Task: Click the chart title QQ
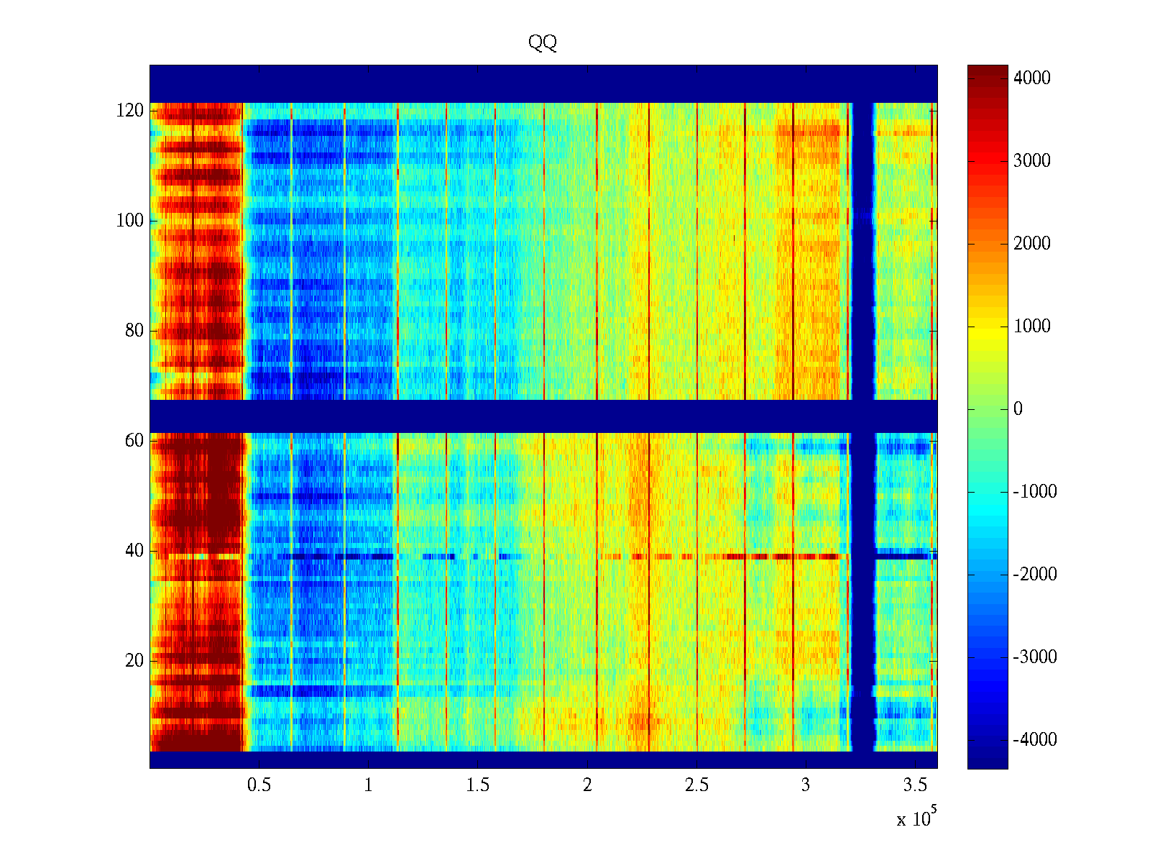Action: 543,43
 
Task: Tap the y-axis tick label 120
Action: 130,111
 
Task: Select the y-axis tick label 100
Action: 130,221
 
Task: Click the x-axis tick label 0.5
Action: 259,785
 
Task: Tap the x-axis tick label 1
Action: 369,785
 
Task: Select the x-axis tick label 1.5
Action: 478,785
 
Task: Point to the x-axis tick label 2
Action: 587,785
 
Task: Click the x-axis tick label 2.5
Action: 696,785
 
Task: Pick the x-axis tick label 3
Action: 806,785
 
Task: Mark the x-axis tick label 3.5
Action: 915,785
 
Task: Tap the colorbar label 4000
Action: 1032,78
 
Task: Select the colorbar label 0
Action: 1018,409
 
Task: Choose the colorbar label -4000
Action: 1035,740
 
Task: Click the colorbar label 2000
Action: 1032,244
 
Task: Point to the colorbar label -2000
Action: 1035,575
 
